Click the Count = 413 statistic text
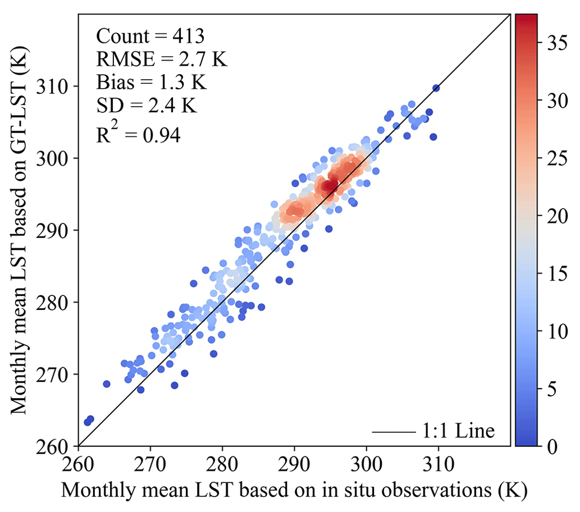pos(150,36)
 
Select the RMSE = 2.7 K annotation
pos(162,60)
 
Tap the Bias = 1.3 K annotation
pos(152,83)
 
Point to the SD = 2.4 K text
pos(147,106)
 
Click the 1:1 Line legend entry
pos(433,431)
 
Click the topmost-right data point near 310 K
pos(436,88)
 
